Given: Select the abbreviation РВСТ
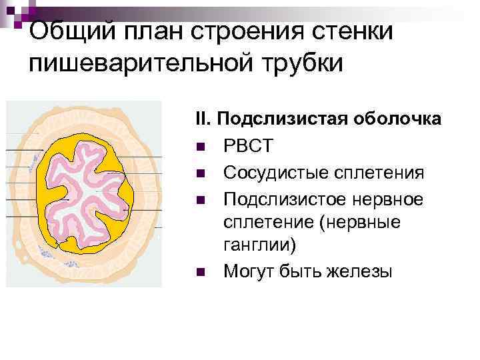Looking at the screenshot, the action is pyautogui.click(x=249, y=146).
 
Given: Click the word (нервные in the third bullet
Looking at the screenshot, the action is pyautogui.click(x=360, y=222).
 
